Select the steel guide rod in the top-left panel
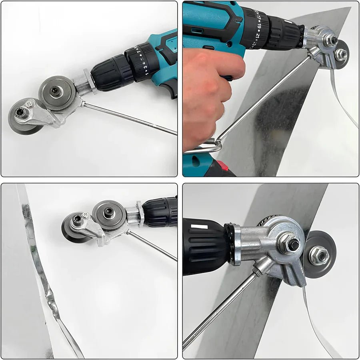132,118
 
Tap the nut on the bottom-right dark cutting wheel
319,255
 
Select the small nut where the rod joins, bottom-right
256,273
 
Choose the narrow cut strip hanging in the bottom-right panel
316,324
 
